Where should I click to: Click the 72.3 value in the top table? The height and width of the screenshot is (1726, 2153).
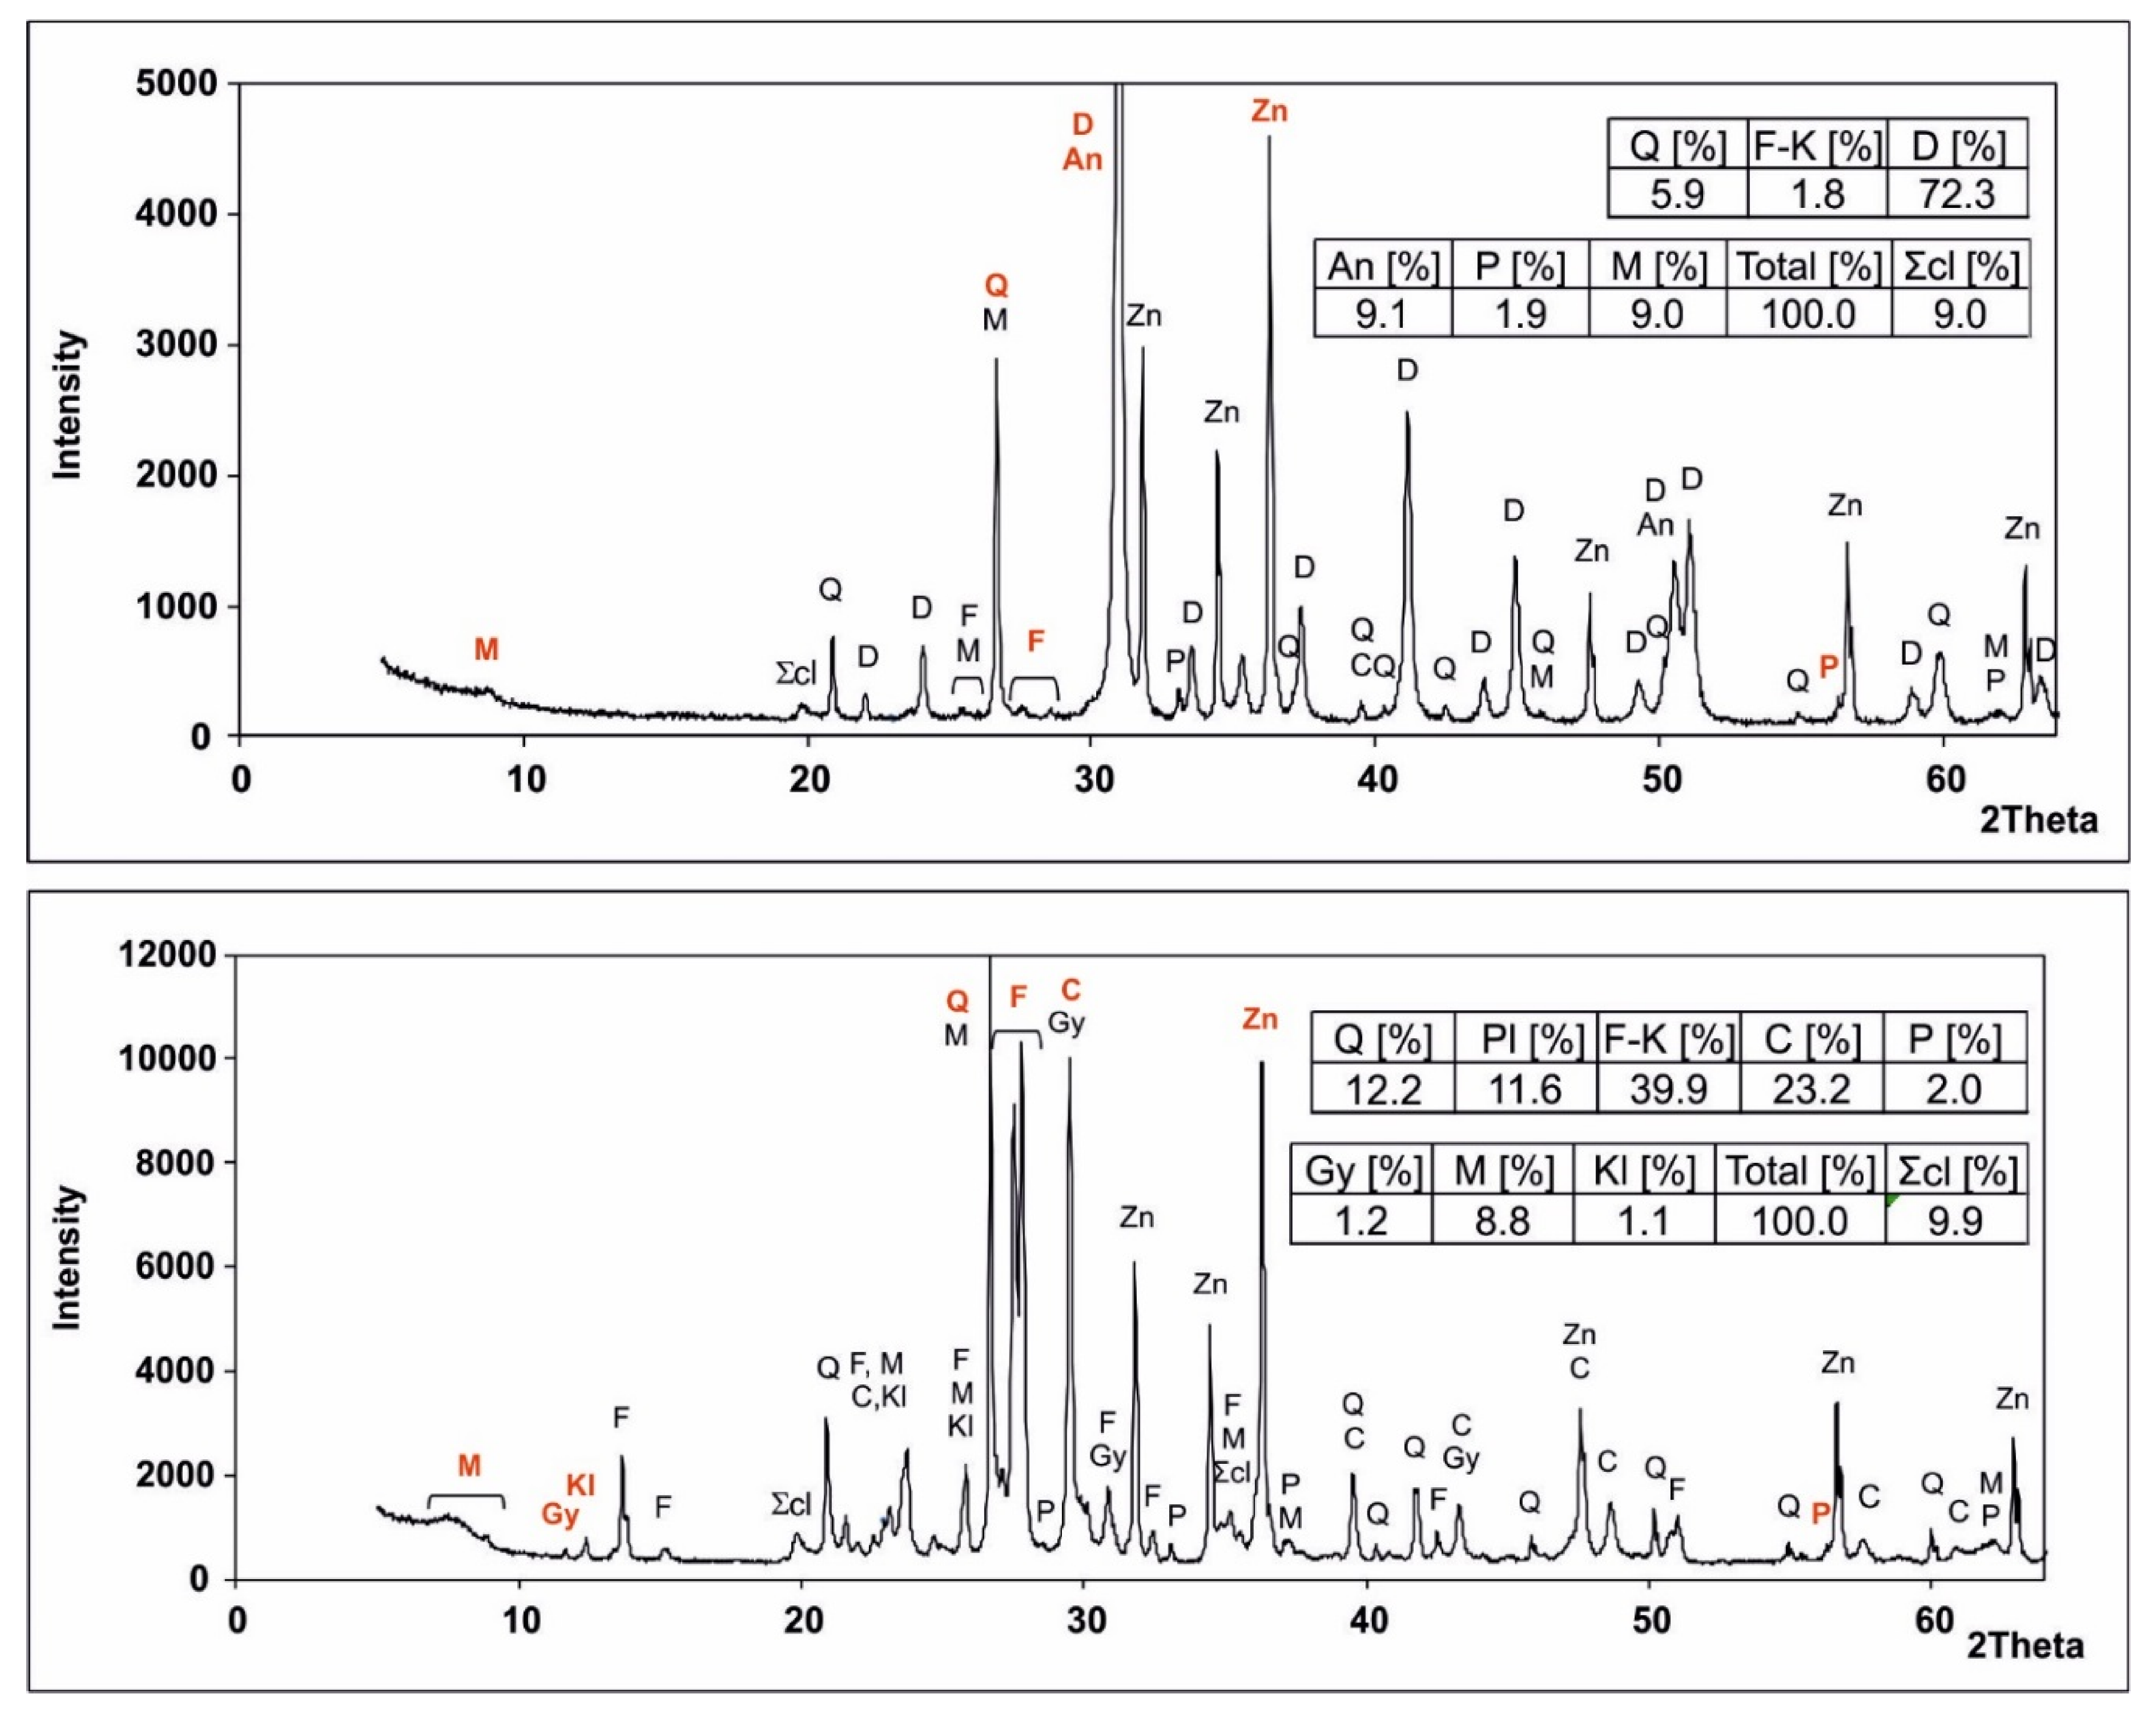pos(1956,194)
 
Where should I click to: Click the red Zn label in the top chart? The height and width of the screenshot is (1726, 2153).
pos(1269,111)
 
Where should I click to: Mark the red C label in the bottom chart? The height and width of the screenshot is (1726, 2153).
pos(1069,990)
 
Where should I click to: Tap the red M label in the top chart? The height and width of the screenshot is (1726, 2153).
pos(486,649)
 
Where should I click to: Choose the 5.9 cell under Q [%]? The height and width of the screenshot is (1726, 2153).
pos(1677,194)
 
